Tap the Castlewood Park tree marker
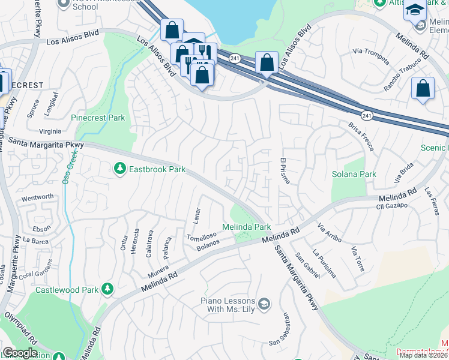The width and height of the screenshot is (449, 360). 107,290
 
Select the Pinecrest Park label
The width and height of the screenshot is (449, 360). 98,118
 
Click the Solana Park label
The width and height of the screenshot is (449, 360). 354,174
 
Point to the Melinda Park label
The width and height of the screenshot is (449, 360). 247,227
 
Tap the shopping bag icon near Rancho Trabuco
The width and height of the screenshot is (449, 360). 423,88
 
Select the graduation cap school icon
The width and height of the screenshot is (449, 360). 414,10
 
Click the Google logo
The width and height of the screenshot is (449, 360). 20,352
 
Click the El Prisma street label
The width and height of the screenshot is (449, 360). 285,171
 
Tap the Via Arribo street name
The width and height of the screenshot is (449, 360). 329,234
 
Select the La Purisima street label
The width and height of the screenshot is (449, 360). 324,263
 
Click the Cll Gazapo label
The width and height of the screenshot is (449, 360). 391,206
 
